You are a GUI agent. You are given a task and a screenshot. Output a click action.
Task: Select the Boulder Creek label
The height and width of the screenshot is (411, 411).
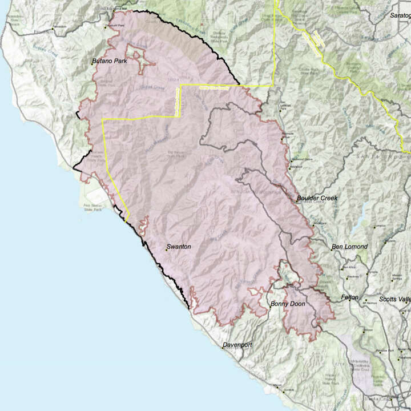click(317, 198)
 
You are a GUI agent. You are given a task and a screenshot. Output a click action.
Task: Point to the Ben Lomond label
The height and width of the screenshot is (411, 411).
click(349, 247)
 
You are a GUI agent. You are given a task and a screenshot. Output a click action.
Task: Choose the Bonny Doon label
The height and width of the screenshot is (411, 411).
click(288, 304)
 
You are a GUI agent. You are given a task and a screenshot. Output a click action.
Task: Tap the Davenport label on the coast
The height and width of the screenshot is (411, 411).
click(237, 346)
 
